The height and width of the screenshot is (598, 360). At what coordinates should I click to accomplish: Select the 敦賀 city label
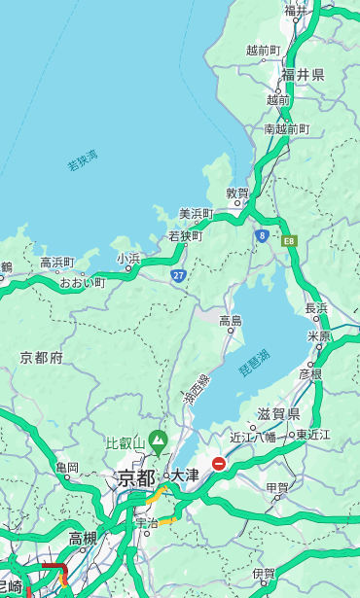[238, 193]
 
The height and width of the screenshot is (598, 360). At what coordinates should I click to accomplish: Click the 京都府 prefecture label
[42, 358]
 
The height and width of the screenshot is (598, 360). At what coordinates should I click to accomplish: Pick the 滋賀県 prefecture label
[278, 414]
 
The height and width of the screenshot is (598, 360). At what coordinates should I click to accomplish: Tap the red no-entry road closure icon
[219, 464]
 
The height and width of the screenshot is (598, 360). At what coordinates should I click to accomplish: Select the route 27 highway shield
[179, 275]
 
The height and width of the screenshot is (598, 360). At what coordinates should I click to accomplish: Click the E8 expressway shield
[289, 240]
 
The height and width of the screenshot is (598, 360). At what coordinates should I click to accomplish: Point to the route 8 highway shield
[262, 235]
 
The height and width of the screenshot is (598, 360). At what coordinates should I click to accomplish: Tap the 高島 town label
[231, 321]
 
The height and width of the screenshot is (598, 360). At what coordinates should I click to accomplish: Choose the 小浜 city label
[128, 259]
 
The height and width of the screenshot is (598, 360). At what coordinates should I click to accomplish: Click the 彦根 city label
[310, 373]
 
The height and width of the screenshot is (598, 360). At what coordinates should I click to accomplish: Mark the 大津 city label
[185, 476]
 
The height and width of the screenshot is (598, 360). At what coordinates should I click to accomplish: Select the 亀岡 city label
[67, 468]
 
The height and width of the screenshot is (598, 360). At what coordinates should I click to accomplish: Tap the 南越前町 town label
[286, 129]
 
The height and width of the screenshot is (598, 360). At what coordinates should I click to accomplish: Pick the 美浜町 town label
[197, 214]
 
